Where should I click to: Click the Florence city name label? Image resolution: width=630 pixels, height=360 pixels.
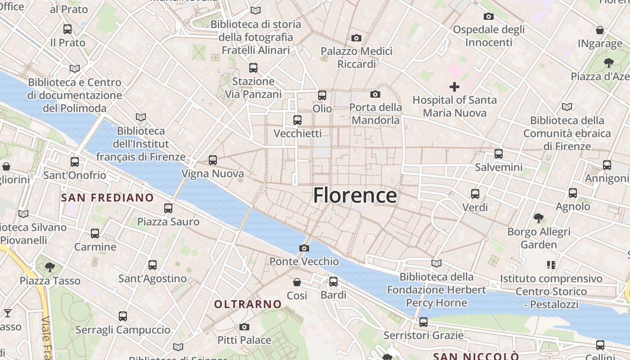point(355,195)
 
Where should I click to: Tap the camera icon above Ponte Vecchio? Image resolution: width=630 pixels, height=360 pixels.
point(304,248)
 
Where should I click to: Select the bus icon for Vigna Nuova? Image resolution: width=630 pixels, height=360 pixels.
point(213,160)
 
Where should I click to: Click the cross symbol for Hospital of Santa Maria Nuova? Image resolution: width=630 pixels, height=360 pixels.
point(454,86)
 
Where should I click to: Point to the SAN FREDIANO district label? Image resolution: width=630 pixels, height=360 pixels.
point(107,198)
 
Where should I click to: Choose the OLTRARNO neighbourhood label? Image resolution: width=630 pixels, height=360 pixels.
point(247,304)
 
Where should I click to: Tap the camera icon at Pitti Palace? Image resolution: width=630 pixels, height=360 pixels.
point(244,327)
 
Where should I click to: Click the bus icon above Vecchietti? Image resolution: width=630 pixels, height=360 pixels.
point(297,120)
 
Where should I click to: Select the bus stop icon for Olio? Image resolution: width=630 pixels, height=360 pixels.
point(322,95)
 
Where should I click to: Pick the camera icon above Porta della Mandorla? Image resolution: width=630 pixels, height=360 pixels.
point(375,94)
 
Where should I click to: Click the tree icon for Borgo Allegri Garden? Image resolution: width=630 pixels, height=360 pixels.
point(538,219)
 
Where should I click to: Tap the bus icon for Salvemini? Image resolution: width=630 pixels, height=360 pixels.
point(499,154)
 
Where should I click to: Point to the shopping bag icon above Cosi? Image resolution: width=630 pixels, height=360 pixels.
point(297,282)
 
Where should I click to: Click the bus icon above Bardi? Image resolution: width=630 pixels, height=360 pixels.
point(333,282)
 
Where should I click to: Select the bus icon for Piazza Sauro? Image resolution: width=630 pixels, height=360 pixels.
point(168,208)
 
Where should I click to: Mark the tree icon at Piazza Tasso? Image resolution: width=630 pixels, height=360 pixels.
point(50,267)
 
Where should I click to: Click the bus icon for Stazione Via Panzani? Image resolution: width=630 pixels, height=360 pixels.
point(253,68)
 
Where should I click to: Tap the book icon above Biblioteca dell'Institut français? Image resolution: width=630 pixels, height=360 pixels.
point(141,117)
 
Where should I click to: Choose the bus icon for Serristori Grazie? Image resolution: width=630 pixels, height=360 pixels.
point(423,322)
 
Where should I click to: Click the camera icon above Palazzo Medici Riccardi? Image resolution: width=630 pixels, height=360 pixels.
point(356,38)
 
